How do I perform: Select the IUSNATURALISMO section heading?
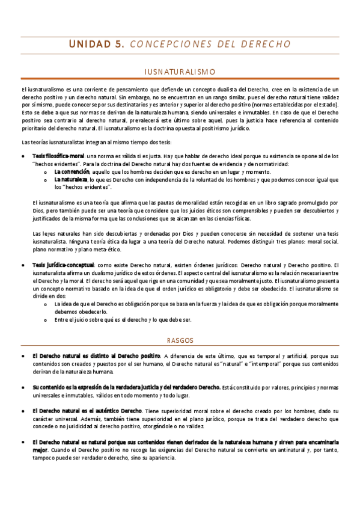180,72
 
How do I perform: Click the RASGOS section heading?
180,340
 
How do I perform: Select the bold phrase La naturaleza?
70,179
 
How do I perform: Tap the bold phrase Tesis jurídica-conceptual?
63,265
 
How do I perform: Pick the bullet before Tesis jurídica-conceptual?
23,265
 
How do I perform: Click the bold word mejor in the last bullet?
40,449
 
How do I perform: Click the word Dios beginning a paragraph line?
38,210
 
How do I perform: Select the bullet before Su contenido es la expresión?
23,386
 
